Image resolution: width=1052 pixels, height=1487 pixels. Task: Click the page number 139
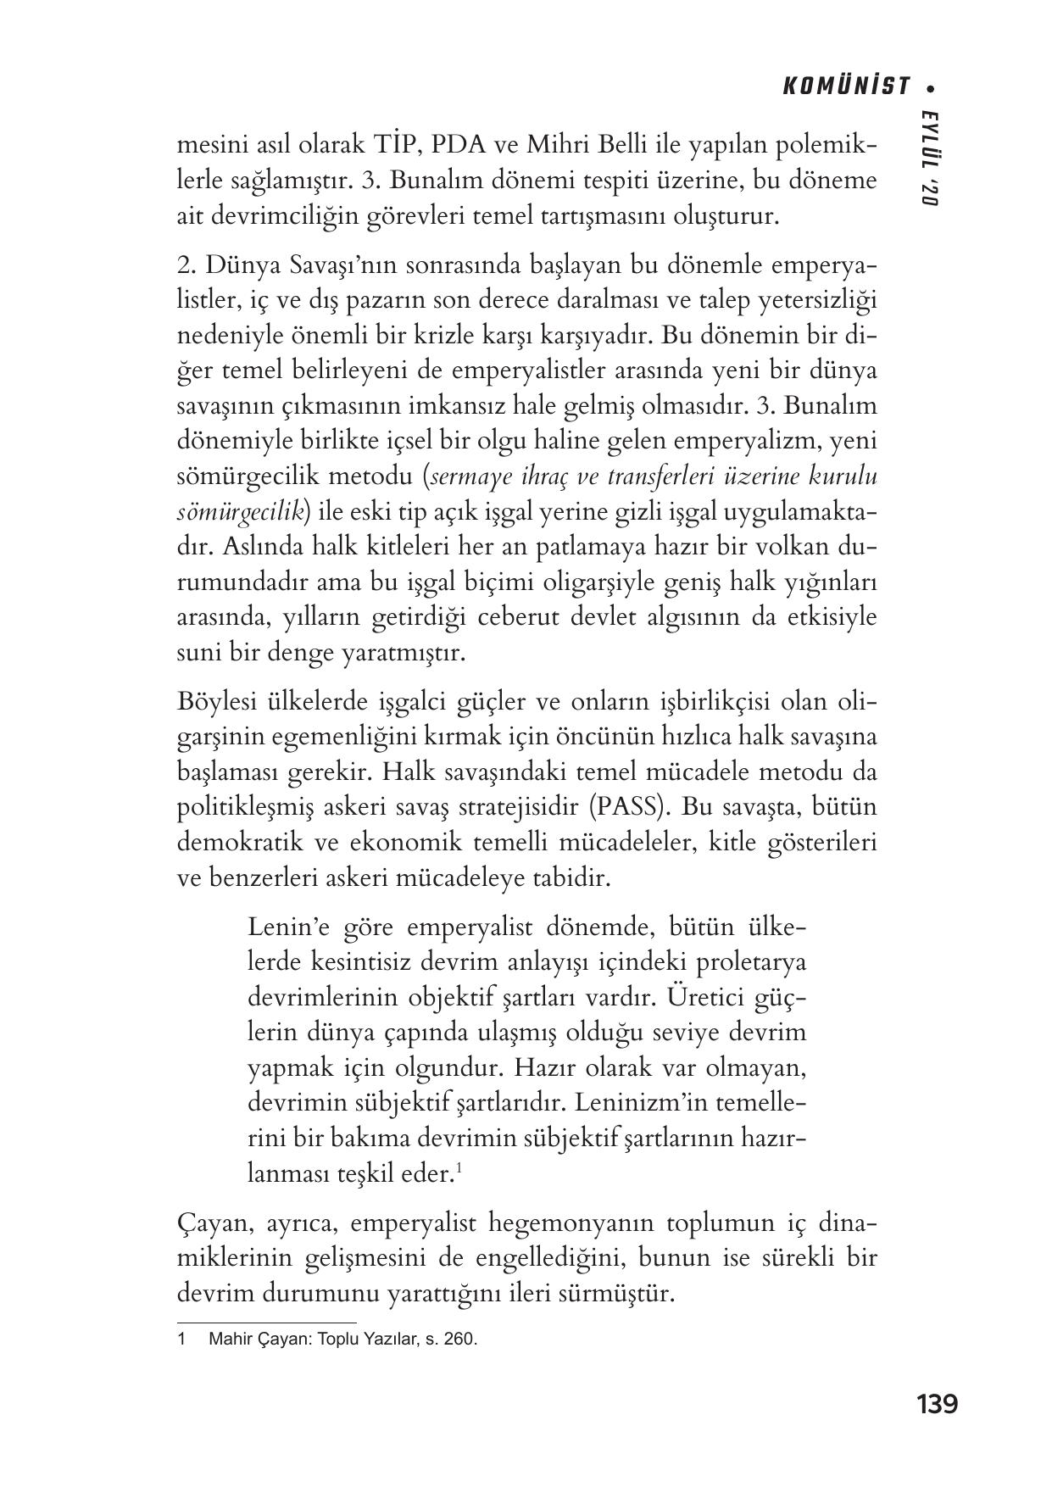point(937,1405)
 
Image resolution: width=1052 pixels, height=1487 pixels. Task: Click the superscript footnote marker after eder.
point(459,1170)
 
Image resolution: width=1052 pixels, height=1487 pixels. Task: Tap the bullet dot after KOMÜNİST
point(932,86)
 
